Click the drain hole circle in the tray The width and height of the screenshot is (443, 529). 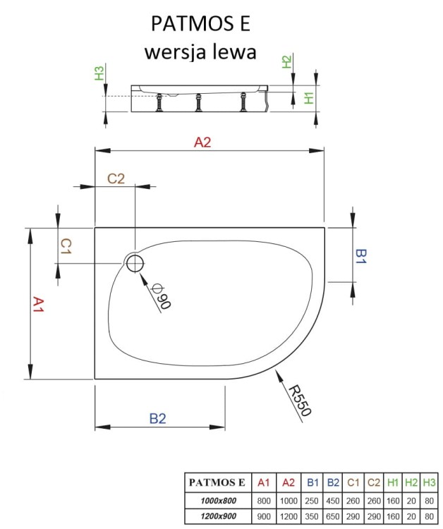pyautogui.click(x=134, y=264)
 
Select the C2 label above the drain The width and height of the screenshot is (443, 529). pyautogui.click(x=116, y=178)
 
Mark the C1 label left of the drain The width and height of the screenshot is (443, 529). pyautogui.click(x=65, y=246)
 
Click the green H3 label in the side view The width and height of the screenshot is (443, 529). pyautogui.click(x=99, y=72)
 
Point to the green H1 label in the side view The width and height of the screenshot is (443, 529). pyautogui.click(x=308, y=97)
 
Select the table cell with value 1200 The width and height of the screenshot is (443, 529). pyautogui.click(x=288, y=516)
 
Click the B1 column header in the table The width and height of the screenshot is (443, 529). pyautogui.click(x=311, y=483)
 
